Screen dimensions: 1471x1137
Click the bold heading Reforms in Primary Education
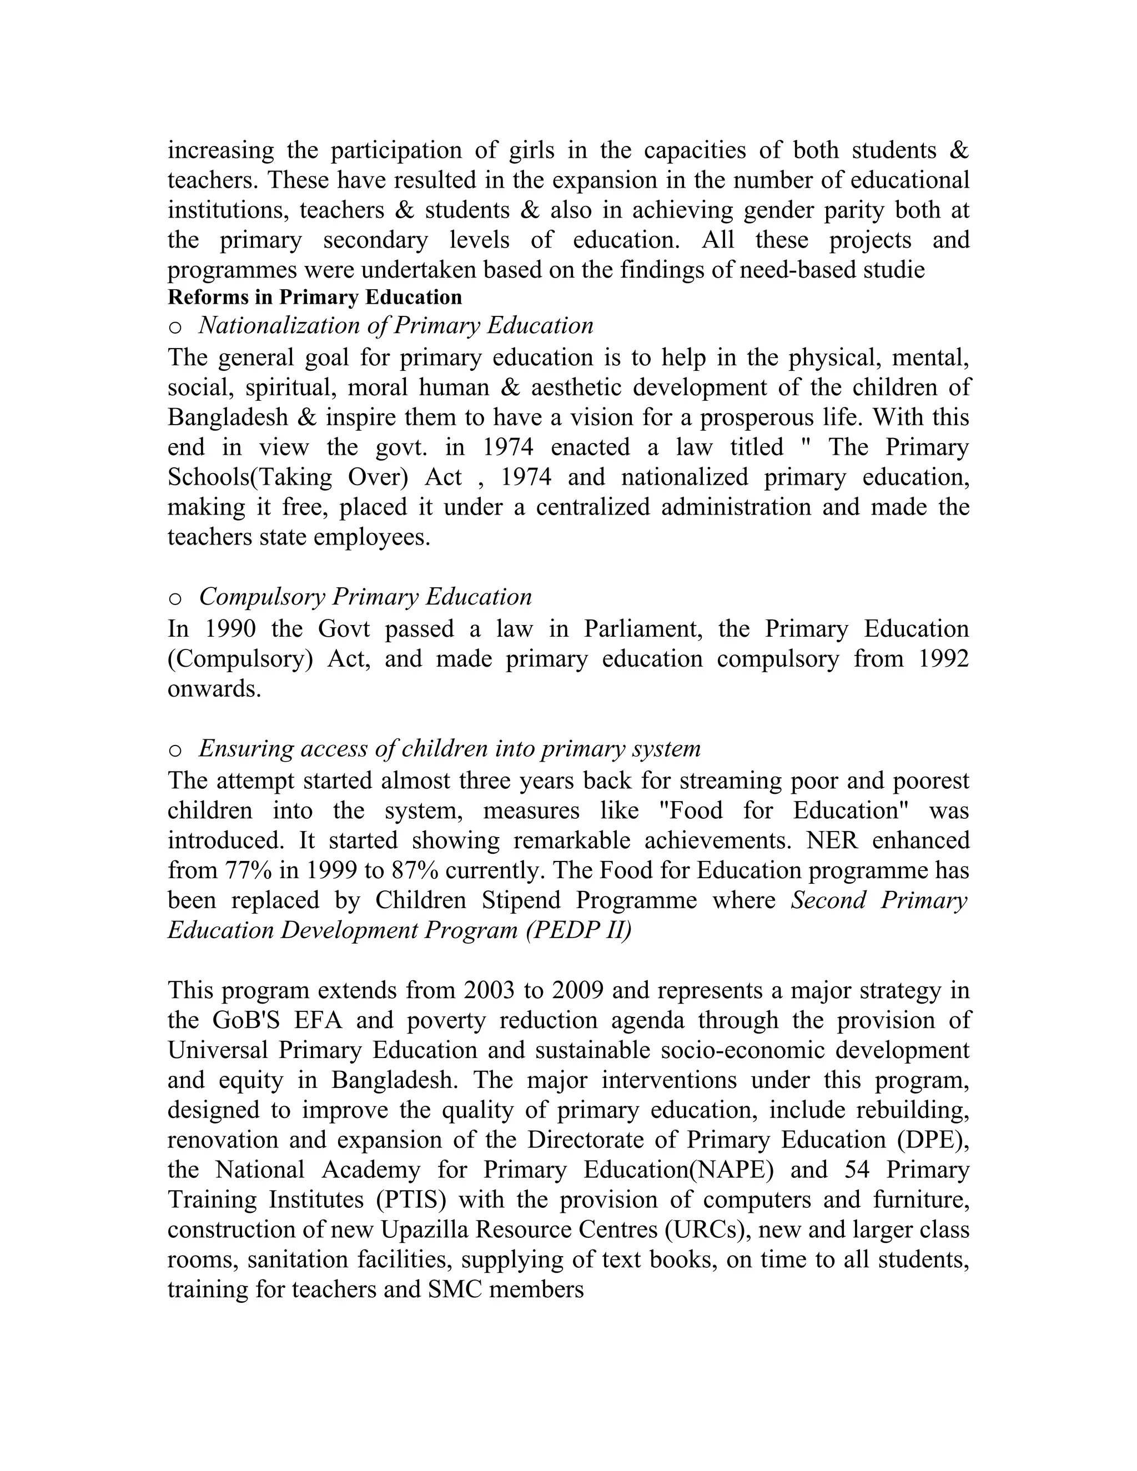pos(315,297)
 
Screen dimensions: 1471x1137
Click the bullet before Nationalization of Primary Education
pos(175,328)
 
